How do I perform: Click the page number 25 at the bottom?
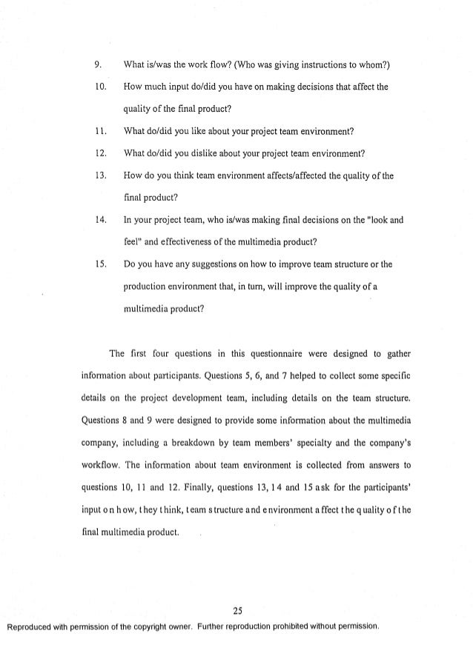(x=236, y=610)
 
